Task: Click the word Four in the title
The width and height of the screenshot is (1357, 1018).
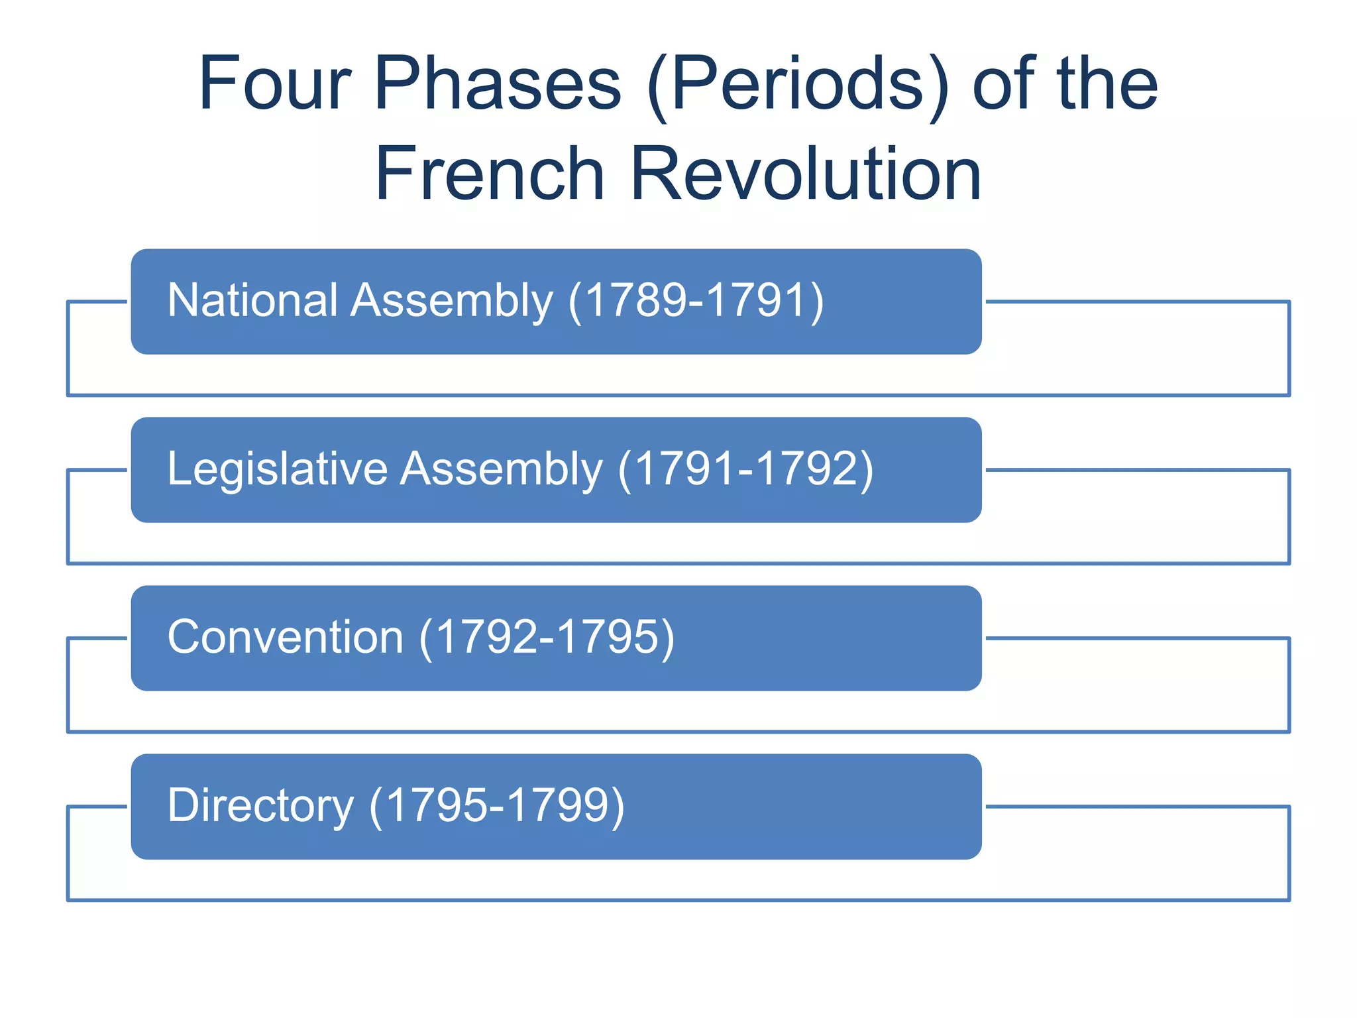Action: [x=274, y=84]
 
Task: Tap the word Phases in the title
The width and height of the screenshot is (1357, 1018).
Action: [x=498, y=84]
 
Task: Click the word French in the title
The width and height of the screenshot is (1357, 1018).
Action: [x=490, y=174]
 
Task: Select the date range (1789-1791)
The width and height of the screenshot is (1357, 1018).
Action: [x=696, y=302]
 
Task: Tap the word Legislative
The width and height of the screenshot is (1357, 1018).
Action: [x=277, y=469]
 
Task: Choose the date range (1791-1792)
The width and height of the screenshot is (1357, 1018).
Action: [x=745, y=470]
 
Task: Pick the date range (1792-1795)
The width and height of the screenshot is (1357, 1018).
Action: [x=547, y=638]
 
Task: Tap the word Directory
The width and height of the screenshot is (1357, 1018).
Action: [x=260, y=806]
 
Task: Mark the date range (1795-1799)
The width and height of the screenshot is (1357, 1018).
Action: [x=497, y=807]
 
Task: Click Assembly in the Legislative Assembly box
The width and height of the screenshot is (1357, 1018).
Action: [x=502, y=469]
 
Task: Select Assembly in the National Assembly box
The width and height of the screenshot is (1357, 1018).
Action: [x=452, y=301]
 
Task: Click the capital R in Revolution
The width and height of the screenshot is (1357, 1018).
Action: [x=655, y=174]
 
